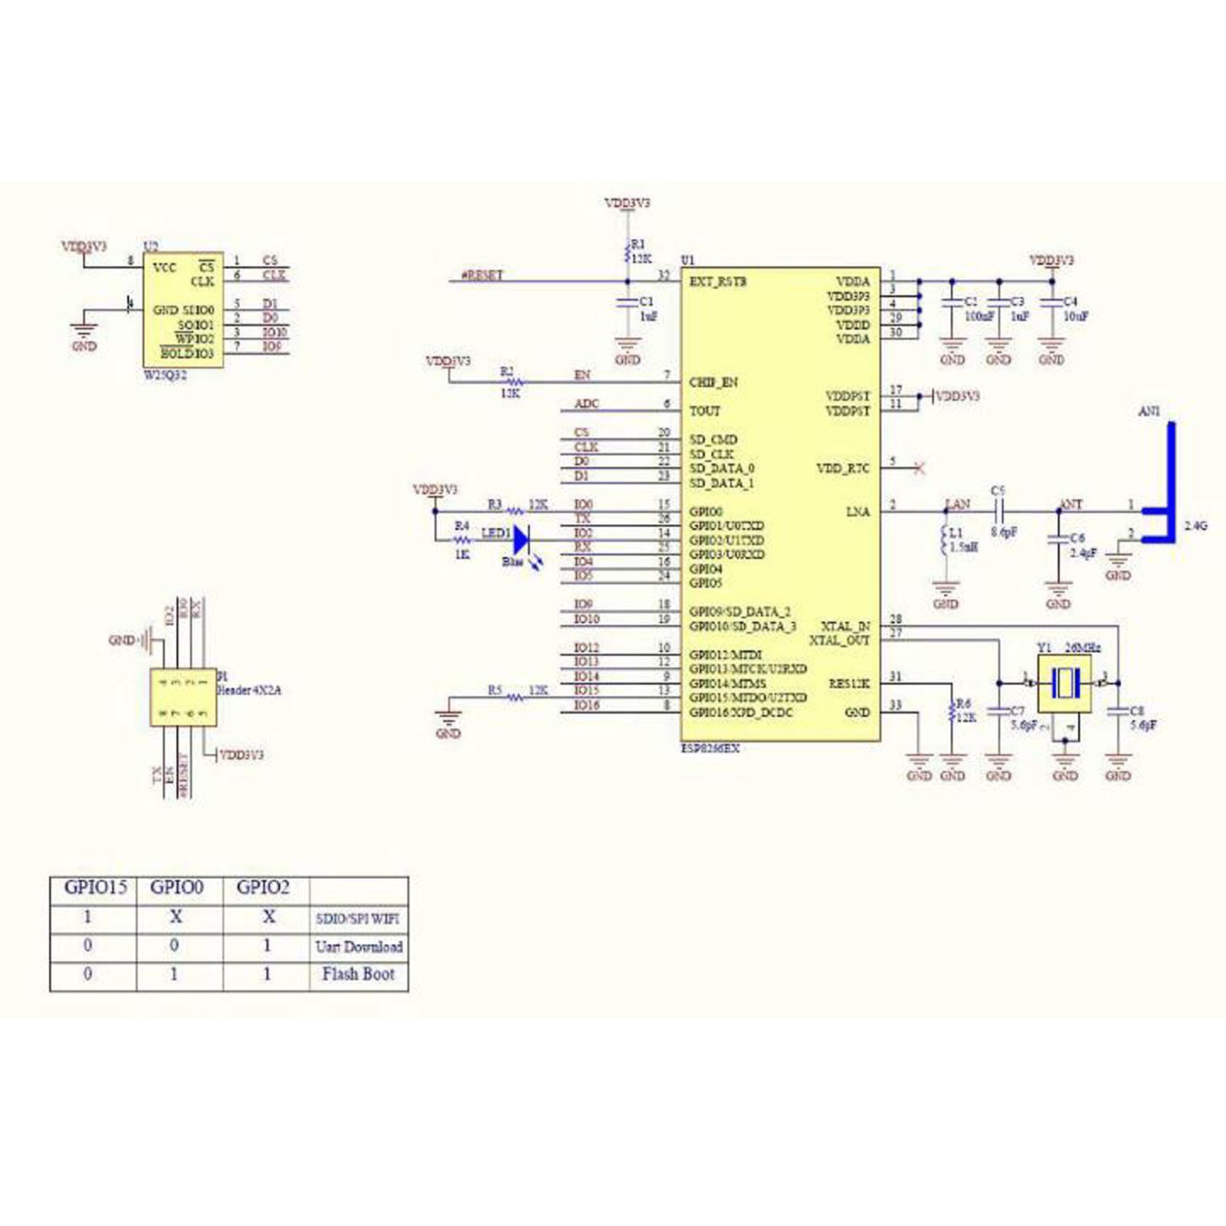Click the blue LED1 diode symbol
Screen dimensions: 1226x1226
coord(522,539)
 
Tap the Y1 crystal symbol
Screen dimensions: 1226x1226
coord(1064,683)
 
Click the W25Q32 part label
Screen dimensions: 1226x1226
coord(166,376)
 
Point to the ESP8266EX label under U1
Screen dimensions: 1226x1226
coord(710,749)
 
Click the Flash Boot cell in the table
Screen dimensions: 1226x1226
coord(358,975)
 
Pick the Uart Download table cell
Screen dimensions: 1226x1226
coord(359,947)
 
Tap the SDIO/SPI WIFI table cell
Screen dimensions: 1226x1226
coord(358,918)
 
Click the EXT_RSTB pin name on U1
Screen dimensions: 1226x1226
coord(718,281)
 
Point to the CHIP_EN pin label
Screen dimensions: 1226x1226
coord(713,382)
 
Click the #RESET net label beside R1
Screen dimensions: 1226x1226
coord(483,274)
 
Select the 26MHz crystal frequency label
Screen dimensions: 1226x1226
coord(1083,647)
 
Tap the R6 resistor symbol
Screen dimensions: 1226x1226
coord(952,712)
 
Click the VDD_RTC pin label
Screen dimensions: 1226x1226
coord(843,467)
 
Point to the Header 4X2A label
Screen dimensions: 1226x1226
coord(250,690)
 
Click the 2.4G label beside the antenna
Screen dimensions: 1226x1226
coord(1195,526)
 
